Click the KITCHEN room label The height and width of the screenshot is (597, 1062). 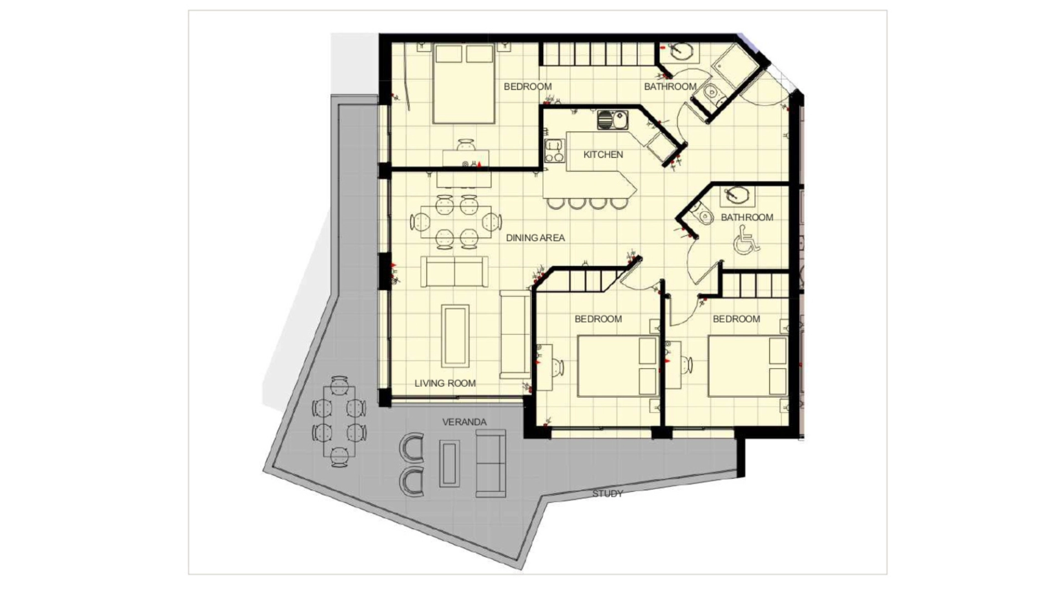(603, 155)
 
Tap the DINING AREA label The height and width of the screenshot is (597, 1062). (535, 238)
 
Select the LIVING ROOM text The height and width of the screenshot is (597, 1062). (445, 383)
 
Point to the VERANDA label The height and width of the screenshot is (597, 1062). (465, 422)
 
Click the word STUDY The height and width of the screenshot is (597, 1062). (607, 494)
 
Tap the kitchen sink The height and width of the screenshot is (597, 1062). (612, 120)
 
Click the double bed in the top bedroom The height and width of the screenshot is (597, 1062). (464, 84)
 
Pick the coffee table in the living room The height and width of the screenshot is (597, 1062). (455, 336)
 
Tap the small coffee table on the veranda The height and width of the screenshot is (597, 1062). (449, 464)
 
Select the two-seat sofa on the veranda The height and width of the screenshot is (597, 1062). (491, 464)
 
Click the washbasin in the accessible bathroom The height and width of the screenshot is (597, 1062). (737, 195)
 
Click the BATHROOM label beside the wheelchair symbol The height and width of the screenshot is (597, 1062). (747, 217)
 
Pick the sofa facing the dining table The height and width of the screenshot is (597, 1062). (454, 272)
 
